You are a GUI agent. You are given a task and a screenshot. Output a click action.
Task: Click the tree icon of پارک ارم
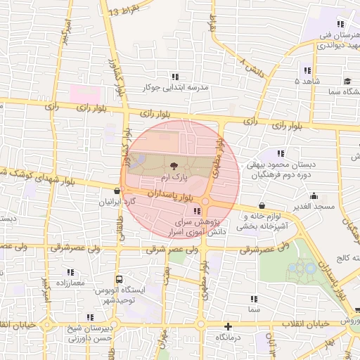tap(172, 167)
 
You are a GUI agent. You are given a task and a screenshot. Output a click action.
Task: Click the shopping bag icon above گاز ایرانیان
tap(117, 190)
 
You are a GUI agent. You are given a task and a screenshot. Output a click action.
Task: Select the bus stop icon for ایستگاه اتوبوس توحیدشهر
tap(119, 278)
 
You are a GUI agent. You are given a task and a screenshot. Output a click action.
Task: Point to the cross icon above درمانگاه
tap(228, 326)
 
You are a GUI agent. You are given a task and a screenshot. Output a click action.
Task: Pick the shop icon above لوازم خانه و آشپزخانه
tap(262, 205)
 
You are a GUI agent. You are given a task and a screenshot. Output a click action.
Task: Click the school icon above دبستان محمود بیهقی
tap(281, 153)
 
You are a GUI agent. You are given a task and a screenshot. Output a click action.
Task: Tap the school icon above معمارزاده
tap(70, 271)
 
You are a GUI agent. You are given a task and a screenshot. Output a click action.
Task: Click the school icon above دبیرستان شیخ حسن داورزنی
tap(89, 317)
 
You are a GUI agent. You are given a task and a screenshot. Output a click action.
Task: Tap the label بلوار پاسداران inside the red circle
tap(165, 193)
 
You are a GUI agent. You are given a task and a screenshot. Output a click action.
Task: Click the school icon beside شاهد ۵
tap(307, 70)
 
